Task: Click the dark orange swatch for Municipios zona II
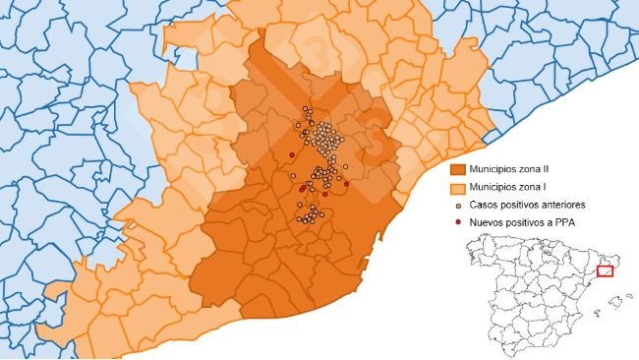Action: tap(456, 170)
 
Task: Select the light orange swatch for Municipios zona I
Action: tap(456, 187)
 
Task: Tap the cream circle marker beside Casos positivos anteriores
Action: tap(457, 205)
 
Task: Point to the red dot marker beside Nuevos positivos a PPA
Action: tap(457, 222)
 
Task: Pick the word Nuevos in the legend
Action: tap(489, 222)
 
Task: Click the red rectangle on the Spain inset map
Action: tap(604, 270)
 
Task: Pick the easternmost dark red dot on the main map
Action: tap(346, 183)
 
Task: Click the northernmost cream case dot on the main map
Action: tap(306, 108)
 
